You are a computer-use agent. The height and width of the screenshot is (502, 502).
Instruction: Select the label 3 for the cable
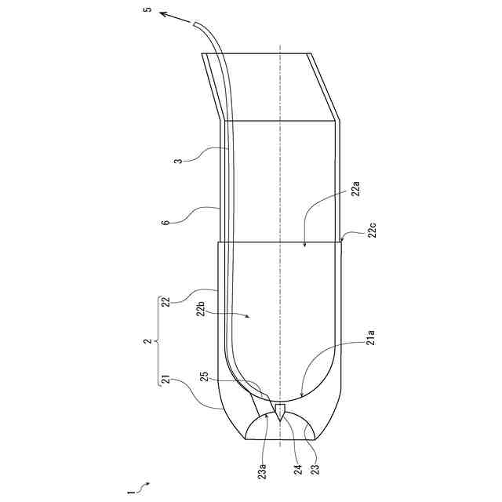[x=179, y=162]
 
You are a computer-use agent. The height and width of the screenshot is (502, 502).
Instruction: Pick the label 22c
[x=373, y=231]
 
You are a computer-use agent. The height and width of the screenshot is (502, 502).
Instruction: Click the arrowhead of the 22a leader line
[x=305, y=246]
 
